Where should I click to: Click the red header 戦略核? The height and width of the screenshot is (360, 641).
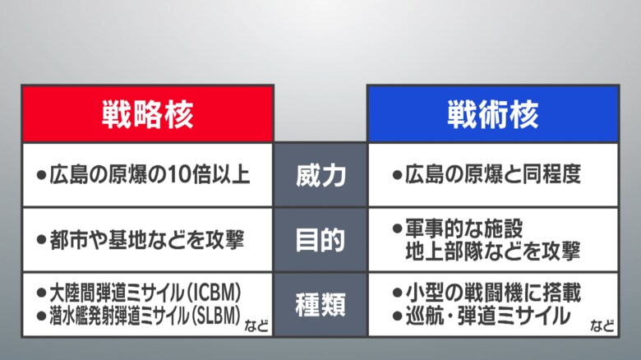point(148,114)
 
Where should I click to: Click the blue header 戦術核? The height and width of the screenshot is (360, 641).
point(493,114)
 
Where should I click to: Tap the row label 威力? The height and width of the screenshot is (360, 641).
point(320,175)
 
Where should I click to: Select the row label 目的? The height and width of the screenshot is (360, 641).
point(320,240)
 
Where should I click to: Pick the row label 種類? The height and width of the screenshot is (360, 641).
point(320,305)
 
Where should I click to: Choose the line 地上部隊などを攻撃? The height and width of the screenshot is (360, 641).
point(492,252)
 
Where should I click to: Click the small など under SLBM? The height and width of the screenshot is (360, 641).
point(256,326)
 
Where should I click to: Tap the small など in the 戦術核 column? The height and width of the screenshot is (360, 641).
point(602,326)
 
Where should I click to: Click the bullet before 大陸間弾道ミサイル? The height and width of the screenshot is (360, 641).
point(41,293)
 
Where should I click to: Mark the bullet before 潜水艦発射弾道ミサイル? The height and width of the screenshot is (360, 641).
point(41,316)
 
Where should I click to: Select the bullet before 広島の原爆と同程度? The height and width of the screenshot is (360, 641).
point(397,175)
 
